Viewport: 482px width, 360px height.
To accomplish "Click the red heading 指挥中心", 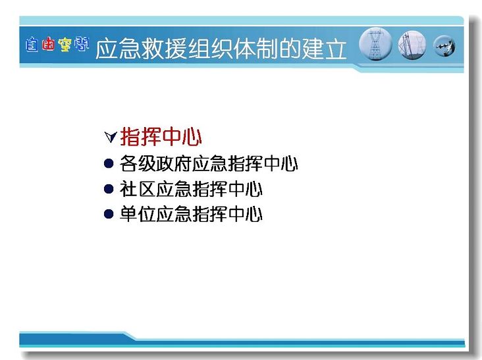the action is coord(161,137).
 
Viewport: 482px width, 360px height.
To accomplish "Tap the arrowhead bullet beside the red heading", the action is coord(111,137).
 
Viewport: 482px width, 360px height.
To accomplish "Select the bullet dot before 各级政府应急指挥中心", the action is coord(109,163).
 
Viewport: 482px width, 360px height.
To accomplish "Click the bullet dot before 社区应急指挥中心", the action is coord(109,189).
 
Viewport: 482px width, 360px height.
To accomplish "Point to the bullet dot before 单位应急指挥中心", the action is coord(109,214).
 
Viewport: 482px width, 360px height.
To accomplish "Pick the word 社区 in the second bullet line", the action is coord(138,189).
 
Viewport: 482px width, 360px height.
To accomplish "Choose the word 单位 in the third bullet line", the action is coord(138,214).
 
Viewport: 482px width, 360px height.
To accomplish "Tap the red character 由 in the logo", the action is coord(48,45).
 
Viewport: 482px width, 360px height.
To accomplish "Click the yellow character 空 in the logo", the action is coord(65,45).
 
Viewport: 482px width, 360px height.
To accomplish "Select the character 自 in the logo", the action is coord(32,45).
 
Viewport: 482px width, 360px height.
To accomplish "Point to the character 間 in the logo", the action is coord(82,44).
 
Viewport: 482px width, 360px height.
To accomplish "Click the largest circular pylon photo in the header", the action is coord(375,44).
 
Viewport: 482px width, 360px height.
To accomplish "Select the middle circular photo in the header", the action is coord(412,45).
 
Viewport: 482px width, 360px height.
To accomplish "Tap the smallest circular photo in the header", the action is coord(444,46).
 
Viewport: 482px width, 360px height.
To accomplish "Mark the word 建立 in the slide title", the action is coord(325,49).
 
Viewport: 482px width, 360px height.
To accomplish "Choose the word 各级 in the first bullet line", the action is coord(138,163).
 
